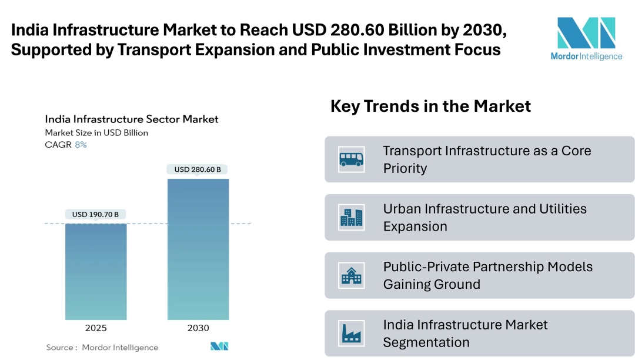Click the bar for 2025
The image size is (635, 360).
(x=95, y=271)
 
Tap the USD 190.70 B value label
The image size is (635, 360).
(x=95, y=215)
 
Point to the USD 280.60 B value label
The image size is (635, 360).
(x=198, y=169)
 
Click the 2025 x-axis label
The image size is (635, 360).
(x=95, y=328)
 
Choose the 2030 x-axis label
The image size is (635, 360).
(x=198, y=328)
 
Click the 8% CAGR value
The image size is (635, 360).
(x=81, y=145)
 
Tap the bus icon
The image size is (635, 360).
(x=352, y=159)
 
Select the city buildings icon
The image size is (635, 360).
(x=352, y=218)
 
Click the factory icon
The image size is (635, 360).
(x=352, y=334)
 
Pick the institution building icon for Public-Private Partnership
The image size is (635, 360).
(x=352, y=275)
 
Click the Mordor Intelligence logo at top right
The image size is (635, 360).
(x=586, y=39)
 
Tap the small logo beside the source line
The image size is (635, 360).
(x=219, y=346)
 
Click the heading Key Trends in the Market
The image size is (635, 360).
(x=430, y=106)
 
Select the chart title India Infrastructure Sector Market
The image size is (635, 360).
(x=132, y=119)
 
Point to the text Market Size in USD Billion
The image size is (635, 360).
(x=96, y=133)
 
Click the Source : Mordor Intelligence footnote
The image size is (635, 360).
(x=102, y=348)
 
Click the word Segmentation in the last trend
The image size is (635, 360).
(x=426, y=342)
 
